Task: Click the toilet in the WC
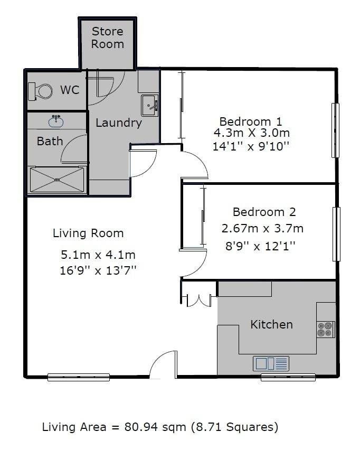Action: pyautogui.click(x=40, y=91)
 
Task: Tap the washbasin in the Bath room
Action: pyautogui.click(x=56, y=121)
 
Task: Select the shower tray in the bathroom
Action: pyautogui.click(x=57, y=180)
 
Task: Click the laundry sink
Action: pyautogui.click(x=149, y=106)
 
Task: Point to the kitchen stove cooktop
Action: pyautogui.click(x=326, y=330)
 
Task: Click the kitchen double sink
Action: pyautogui.click(x=271, y=363)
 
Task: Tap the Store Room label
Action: pyautogui.click(x=108, y=37)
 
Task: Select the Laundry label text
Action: pyautogui.click(x=119, y=123)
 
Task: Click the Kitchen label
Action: pyautogui.click(x=272, y=325)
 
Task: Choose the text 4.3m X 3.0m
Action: pyautogui.click(x=252, y=133)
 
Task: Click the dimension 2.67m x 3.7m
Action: pyautogui.click(x=262, y=229)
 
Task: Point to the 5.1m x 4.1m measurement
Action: pyautogui.click(x=98, y=255)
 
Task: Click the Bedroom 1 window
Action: pyautogui.click(x=335, y=130)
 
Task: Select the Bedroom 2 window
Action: pyautogui.click(x=336, y=234)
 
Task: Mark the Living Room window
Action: pyautogui.click(x=79, y=377)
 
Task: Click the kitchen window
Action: pyautogui.click(x=288, y=377)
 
